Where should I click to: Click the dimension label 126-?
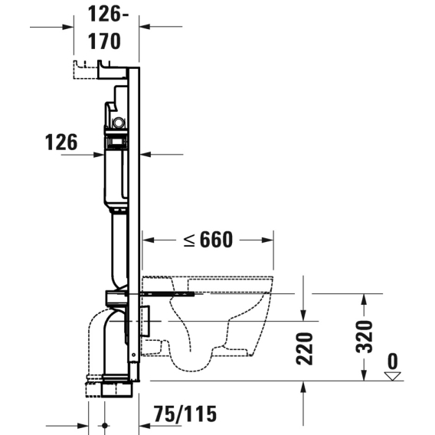click(108, 14)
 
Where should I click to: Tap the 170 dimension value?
click(104, 41)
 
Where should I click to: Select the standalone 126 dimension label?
click(61, 142)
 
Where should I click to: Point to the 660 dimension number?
click(216, 240)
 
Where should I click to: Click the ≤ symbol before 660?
click(189, 240)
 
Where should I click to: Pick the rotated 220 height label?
click(304, 348)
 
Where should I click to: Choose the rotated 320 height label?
click(364, 337)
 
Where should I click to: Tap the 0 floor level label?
click(392, 361)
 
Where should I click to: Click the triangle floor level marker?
click(392, 376)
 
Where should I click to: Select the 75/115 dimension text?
click(185, 414)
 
